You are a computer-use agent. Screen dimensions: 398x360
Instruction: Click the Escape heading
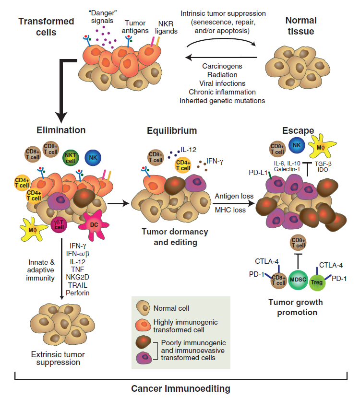click(298, 130)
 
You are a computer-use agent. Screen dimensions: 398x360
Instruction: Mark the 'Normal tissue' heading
click(300, 26)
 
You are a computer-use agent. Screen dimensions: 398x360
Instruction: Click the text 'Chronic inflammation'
click(222, 92)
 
